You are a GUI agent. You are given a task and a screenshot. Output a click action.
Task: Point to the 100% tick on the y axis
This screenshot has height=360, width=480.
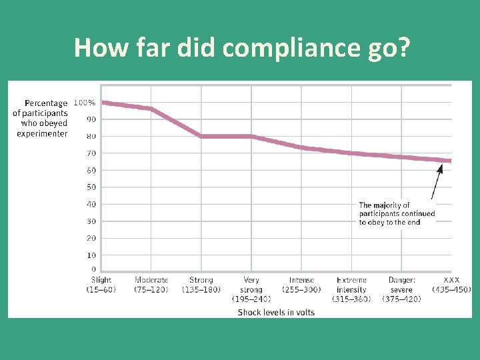click(84, 103)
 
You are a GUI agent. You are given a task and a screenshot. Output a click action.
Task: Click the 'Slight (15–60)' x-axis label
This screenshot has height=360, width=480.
click(101, 285)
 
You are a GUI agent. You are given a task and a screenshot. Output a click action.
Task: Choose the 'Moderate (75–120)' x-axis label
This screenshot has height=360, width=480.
click(151, 285)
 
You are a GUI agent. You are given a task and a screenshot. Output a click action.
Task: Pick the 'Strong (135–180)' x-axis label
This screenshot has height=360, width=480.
click(201, 285)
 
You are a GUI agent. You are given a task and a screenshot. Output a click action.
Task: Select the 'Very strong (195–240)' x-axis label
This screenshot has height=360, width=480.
click(251, 289)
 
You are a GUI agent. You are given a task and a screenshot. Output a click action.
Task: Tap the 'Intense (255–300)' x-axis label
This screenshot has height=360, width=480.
click(301, 285)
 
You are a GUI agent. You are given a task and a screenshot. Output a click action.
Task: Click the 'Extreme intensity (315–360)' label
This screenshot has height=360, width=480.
click(351, 289)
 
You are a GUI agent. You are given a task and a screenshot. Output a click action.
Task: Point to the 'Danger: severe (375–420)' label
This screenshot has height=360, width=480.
click(401, 289)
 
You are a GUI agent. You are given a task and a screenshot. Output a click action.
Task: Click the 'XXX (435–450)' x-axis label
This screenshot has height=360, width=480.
click(451, 285)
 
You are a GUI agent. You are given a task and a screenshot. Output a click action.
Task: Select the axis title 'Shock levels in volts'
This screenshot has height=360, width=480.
click(276, 312)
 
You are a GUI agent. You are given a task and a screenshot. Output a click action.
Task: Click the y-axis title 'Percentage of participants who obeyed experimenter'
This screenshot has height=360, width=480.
click(41, 118)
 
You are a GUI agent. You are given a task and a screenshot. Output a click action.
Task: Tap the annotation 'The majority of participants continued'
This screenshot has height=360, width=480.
click(397, 213)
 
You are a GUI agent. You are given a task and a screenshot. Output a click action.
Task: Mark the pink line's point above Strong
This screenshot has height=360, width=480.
click(201, 136)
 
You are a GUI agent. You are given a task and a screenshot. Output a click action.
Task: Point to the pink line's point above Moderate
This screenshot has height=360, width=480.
click(151, 109)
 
